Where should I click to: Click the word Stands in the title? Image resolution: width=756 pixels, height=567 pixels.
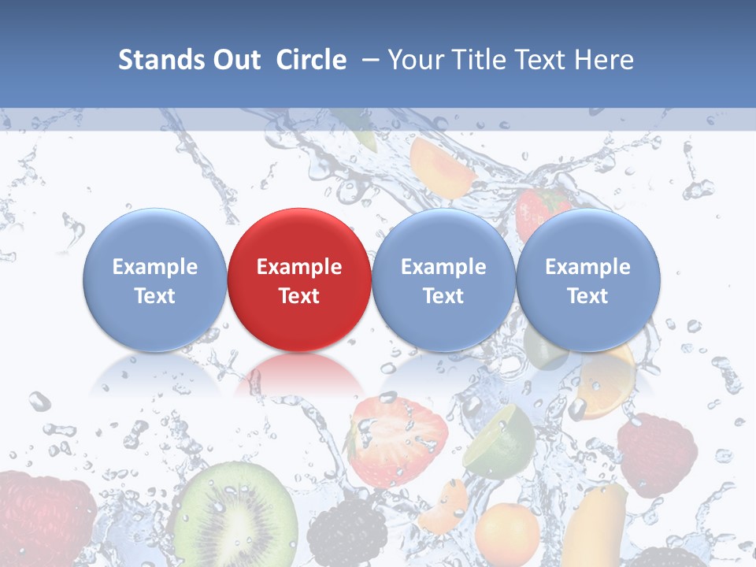(x=157, y=60)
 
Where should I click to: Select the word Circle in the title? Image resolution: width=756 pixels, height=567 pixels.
(x=311, y=60)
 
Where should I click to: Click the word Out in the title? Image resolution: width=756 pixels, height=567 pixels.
(x=235, y=60)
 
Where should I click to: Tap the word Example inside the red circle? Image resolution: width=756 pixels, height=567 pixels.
(x=299, y=267)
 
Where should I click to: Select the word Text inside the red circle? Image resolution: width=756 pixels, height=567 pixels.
(x=299, y=296)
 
